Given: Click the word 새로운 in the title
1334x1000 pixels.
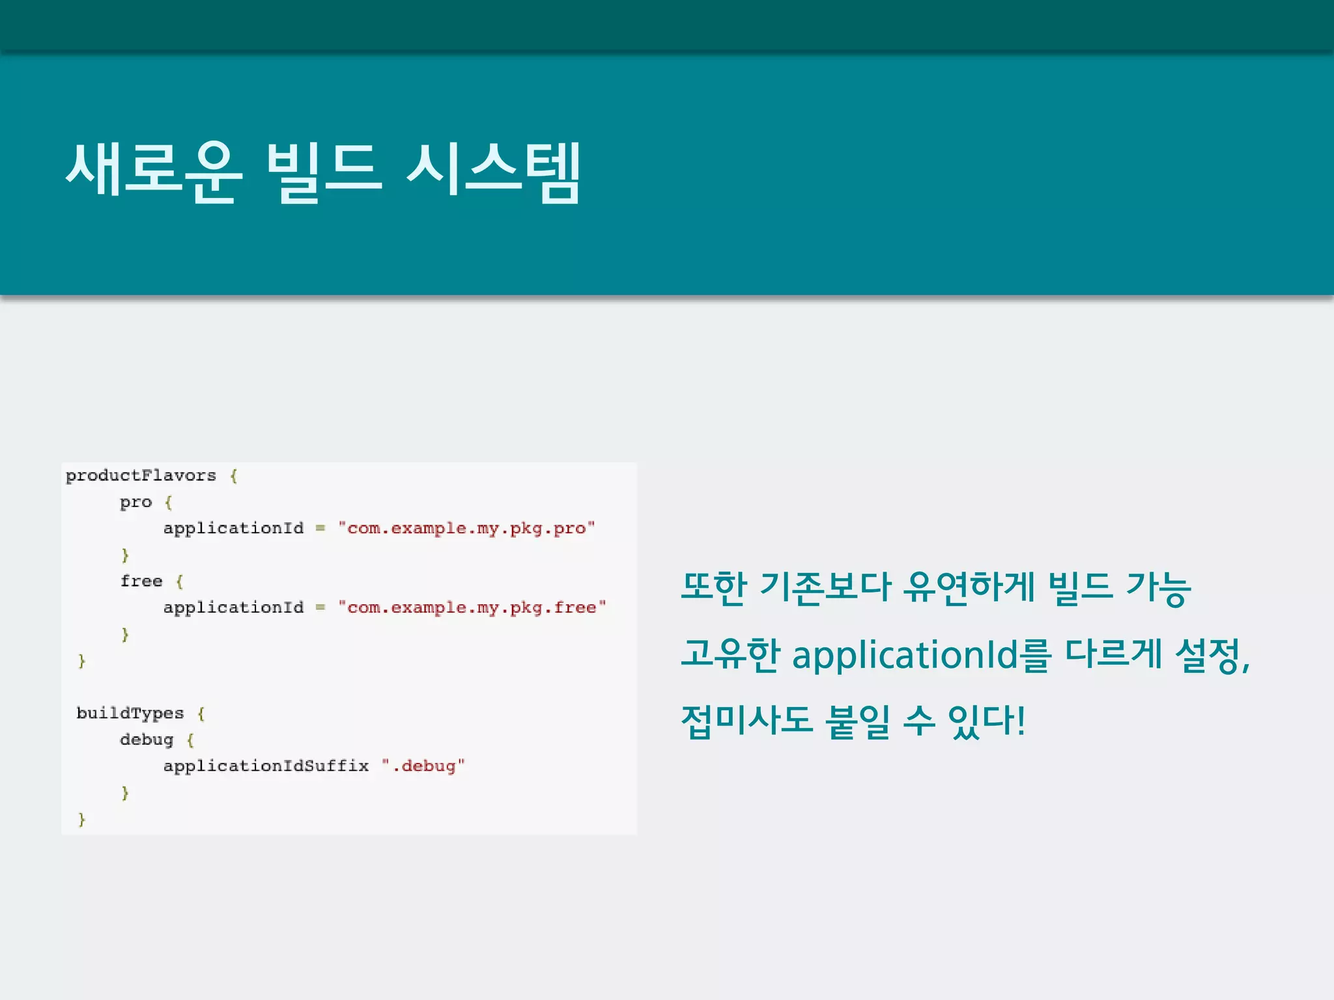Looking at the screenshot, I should tap(154, 171).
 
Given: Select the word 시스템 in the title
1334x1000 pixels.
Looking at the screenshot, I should tap(493, 171).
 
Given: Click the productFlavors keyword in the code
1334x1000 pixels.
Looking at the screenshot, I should tap(141, 476).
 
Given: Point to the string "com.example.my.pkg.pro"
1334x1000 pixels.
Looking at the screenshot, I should tap(466, 528).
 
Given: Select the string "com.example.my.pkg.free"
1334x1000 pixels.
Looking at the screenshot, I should tap(472, 607).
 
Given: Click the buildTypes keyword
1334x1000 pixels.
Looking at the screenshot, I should tap(130, 714).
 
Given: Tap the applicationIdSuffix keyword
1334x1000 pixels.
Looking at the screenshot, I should tap(266, 766).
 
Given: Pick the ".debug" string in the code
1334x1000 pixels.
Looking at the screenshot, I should tap(423, 766).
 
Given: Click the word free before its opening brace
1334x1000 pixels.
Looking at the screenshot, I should tap(141, 581).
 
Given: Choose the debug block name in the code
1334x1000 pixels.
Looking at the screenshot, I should tap(147, 740).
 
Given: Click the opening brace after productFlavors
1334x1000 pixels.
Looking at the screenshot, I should tap(234, 476).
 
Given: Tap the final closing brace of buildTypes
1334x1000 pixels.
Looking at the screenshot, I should tap(81, 820).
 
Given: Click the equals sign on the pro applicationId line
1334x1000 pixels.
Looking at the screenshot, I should tap(320, 528).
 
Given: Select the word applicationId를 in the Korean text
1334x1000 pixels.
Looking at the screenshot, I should tap(921, 655).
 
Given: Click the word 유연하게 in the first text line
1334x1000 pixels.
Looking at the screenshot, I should tap(969, 587).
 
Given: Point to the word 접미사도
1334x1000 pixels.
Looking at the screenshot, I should tap(746, 721).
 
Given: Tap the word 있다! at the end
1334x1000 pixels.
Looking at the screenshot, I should tap(987, 721).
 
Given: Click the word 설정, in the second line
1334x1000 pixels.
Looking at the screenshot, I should tap(1212, 655).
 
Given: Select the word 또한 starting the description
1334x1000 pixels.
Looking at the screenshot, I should tap(713, 587).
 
